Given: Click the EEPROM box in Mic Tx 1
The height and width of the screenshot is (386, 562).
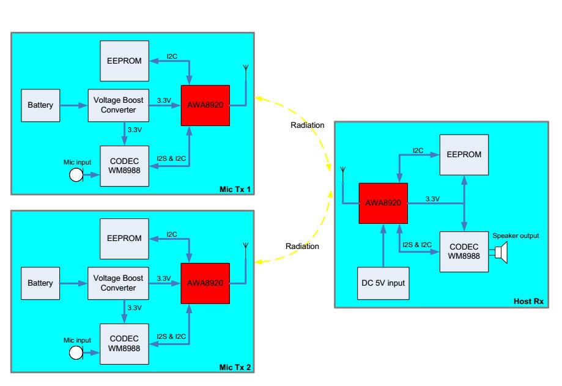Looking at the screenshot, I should pos(125,61).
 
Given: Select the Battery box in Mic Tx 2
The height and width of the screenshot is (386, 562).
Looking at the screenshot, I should pos(40,283).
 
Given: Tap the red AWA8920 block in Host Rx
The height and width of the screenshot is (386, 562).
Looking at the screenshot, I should pos(383,203).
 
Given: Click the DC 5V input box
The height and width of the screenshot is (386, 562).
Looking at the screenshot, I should pos(383,283).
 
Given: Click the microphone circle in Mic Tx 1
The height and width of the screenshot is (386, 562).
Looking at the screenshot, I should pos(76,176).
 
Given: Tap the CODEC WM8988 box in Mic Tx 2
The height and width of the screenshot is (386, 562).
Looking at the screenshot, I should pos(124,343).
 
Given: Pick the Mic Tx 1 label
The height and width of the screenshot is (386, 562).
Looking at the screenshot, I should pos(235,188).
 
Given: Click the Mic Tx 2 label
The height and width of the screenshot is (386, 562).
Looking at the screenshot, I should pos(235,366).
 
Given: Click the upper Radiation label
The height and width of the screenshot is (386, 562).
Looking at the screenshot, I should pos(308,125).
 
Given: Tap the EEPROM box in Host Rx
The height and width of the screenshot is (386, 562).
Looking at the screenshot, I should pos(464,154).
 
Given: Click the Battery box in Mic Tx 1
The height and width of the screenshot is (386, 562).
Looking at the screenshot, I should pos(40,105).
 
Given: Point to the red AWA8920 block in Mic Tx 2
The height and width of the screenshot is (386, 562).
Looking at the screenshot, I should pos(205,283).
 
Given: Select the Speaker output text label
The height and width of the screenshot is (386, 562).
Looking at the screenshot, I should pos(516,236).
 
